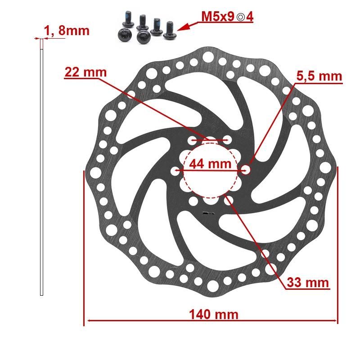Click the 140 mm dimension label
tap(213, 314)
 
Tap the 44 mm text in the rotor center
tap(209, 164)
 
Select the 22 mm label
tap(85, 72)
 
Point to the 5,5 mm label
tap(319, 76)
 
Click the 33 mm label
tap(308, 283)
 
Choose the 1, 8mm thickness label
tap(67, 31)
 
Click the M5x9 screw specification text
tap(218, 17)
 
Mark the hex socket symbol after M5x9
tap(241, 18)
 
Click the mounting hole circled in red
tap(246, 170)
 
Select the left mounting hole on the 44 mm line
tap(175, 171)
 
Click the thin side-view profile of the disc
tap(42, 166)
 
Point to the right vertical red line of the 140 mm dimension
tap(337, 245)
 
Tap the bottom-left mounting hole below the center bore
tap(193, 201)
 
